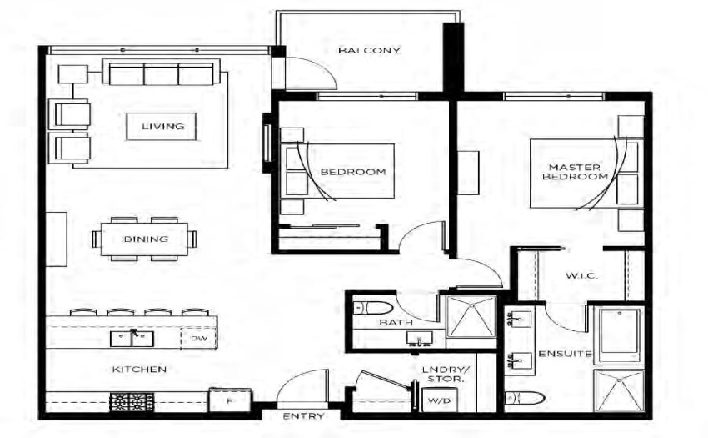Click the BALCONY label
pos(369,50)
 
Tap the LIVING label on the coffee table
pos(163,126)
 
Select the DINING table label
pos(146,239)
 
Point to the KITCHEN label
pos(139,370)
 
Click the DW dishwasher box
pos(198,338)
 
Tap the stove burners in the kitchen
pos(132,402)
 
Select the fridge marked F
pos(230,400)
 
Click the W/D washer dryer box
pos(438,400)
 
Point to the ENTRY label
pos(303,415)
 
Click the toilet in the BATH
pos(373,308)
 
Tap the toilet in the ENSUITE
pos(525,398)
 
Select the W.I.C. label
pos(581,275)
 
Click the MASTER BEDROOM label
pos(575,172)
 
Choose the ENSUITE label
pos(565,354)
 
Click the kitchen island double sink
pos(132,339)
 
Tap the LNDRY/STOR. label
pos(446,375)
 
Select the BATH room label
pos(396,323)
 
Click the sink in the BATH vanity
pos(420,339)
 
